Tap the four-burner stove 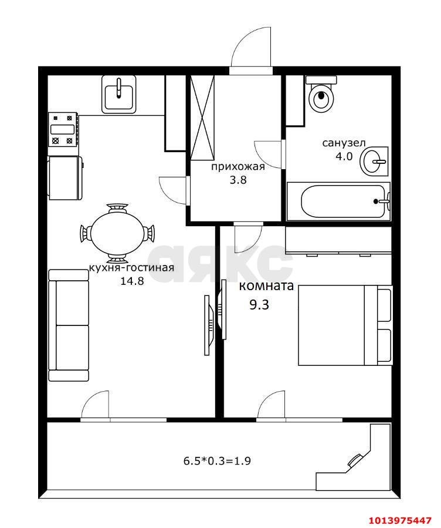[64, 130]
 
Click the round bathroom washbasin [374, 162]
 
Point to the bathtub [338, 201]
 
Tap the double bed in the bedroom [345, 325]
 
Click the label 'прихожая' [238, 166]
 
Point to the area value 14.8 [132, 281]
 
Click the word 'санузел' [344, 143]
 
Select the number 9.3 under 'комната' [259, 305]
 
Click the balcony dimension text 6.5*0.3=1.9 [217, 460]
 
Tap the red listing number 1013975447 [402, 520]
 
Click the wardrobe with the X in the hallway [202, 117]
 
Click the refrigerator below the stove [66, 177]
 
